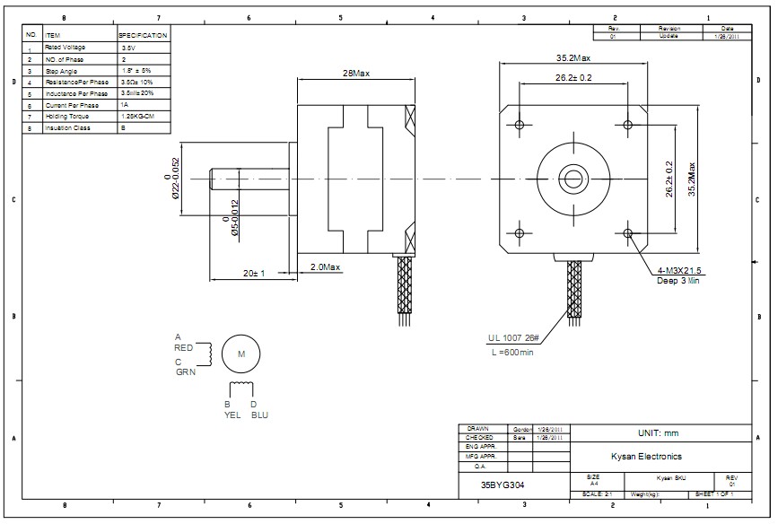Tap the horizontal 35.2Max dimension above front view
(x=573, y=58)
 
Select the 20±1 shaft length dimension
(x=254, y=273)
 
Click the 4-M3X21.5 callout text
(x=679, y=270)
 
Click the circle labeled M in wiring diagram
(x=240, y=354)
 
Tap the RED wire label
(x=184, y=347)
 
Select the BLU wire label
(x=259, y=415)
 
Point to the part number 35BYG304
(x=503, y=485)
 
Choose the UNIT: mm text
(x=658, y=433)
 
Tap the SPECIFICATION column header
(x=144, y=35)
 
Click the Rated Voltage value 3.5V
(x=128, y=47)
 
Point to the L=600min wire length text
(x=512, y=353)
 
